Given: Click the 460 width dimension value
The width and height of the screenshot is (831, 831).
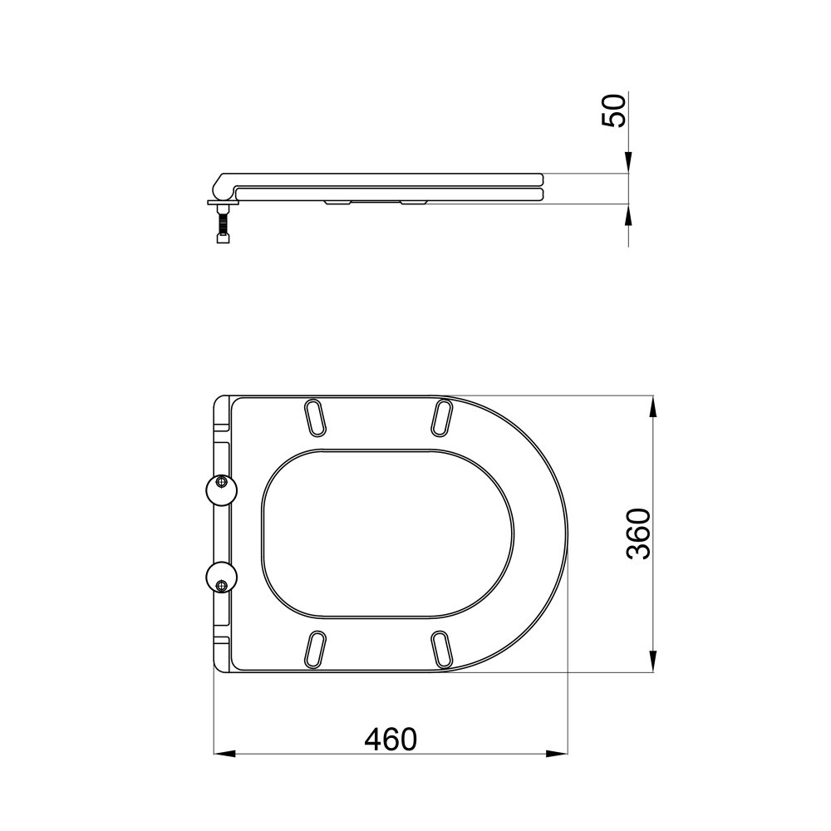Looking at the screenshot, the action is pos(391,739).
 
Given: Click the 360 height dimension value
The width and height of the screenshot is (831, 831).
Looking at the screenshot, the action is pos(637,534).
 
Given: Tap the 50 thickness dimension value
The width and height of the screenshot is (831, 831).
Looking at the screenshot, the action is pos(614,110).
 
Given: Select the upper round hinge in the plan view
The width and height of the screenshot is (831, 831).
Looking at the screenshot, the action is pos(222,489).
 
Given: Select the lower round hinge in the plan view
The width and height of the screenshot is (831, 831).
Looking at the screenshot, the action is pos(222,578).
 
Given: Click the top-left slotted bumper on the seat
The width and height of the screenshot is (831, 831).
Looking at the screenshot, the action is pos(315,418).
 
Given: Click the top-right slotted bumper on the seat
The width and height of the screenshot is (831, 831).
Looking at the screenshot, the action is pos(442,418).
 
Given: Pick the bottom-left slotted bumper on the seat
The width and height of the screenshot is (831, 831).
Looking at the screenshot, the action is pos(315,649).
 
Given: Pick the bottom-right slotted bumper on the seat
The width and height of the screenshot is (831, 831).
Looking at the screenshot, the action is pos(442,649).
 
